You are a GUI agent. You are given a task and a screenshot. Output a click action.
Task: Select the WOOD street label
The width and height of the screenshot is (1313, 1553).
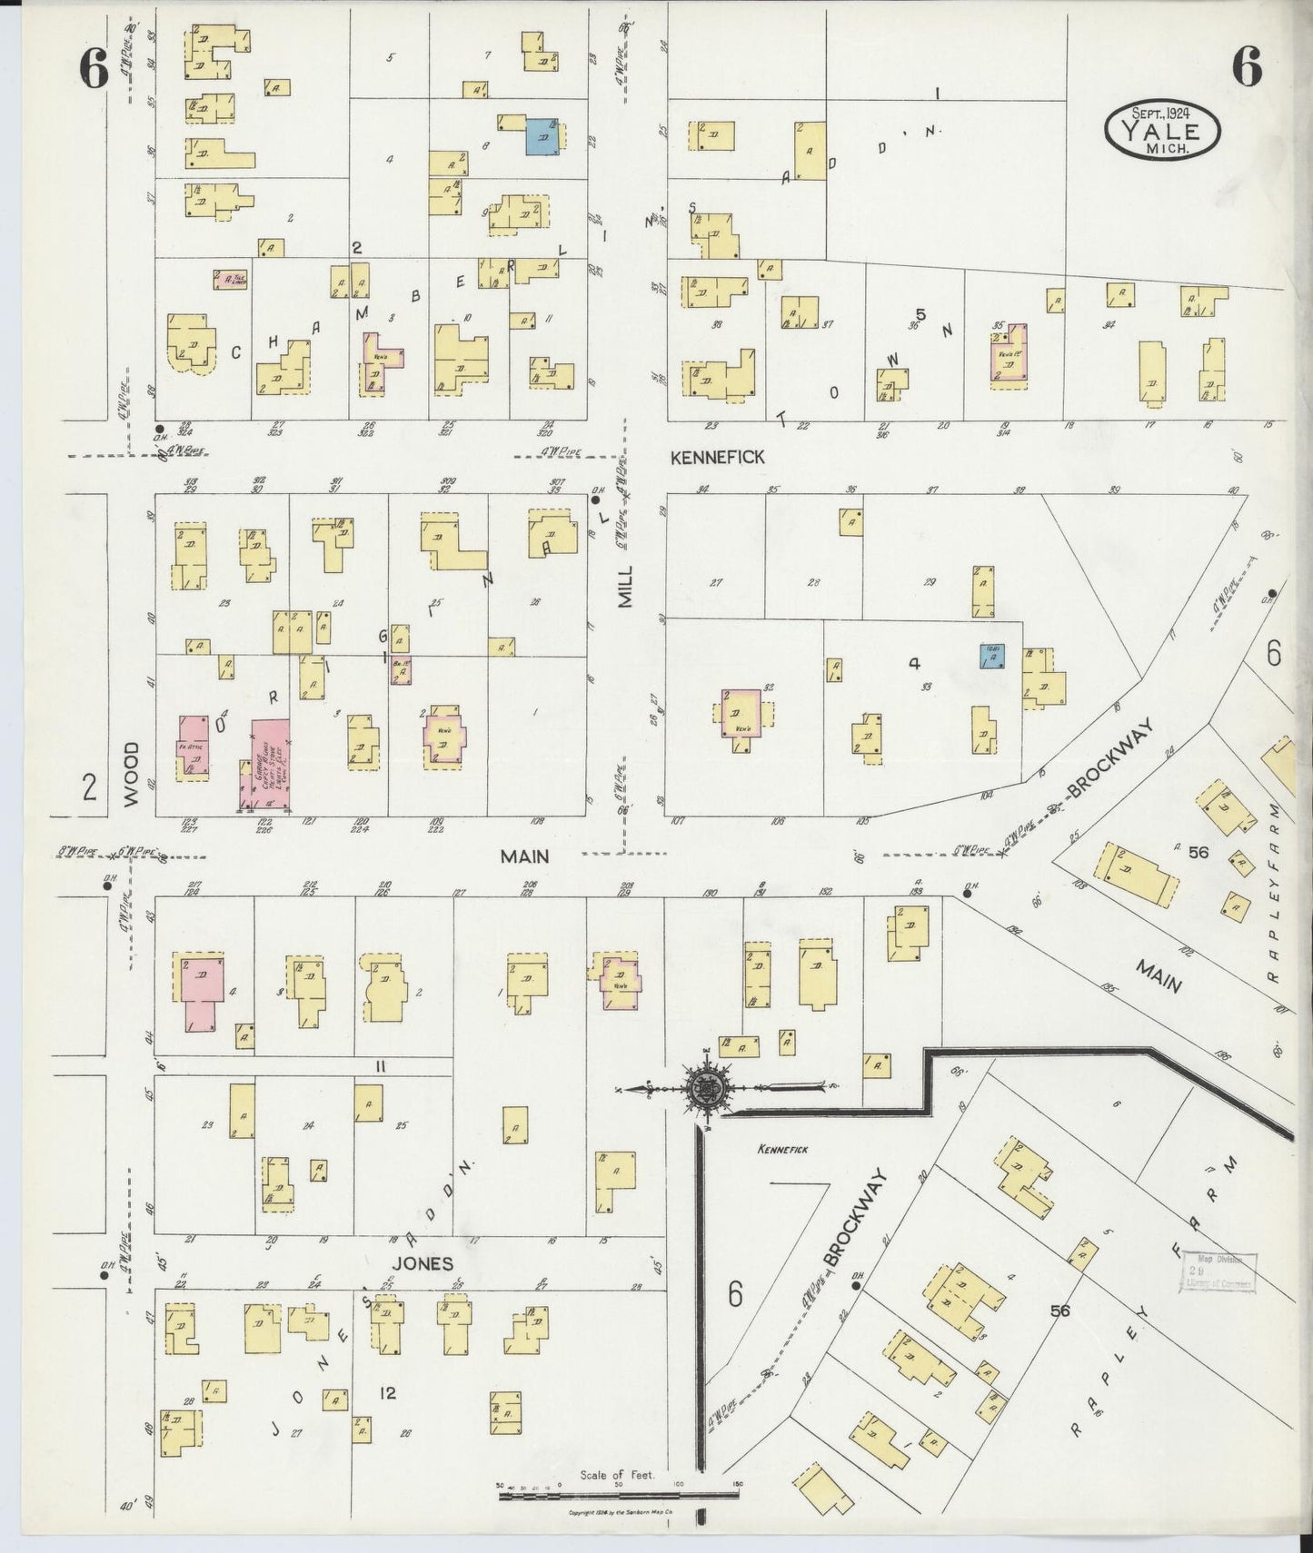point(132,774)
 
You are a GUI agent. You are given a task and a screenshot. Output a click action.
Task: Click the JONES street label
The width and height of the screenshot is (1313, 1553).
point(423,1263)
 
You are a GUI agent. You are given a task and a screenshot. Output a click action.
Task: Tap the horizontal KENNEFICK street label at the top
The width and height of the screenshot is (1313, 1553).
point(717,459)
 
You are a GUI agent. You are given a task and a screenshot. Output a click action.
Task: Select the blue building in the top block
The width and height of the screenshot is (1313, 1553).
point(544,136)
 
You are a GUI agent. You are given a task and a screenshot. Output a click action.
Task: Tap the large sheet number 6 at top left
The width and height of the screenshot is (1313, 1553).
point(94,69)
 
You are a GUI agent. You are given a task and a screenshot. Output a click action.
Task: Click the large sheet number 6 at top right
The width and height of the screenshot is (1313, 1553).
point(1247,67)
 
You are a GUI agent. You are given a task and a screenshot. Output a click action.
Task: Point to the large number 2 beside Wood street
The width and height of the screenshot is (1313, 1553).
point(88,787)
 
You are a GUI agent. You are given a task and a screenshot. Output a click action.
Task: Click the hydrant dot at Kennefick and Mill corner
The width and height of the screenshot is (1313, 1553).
point(596,499)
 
